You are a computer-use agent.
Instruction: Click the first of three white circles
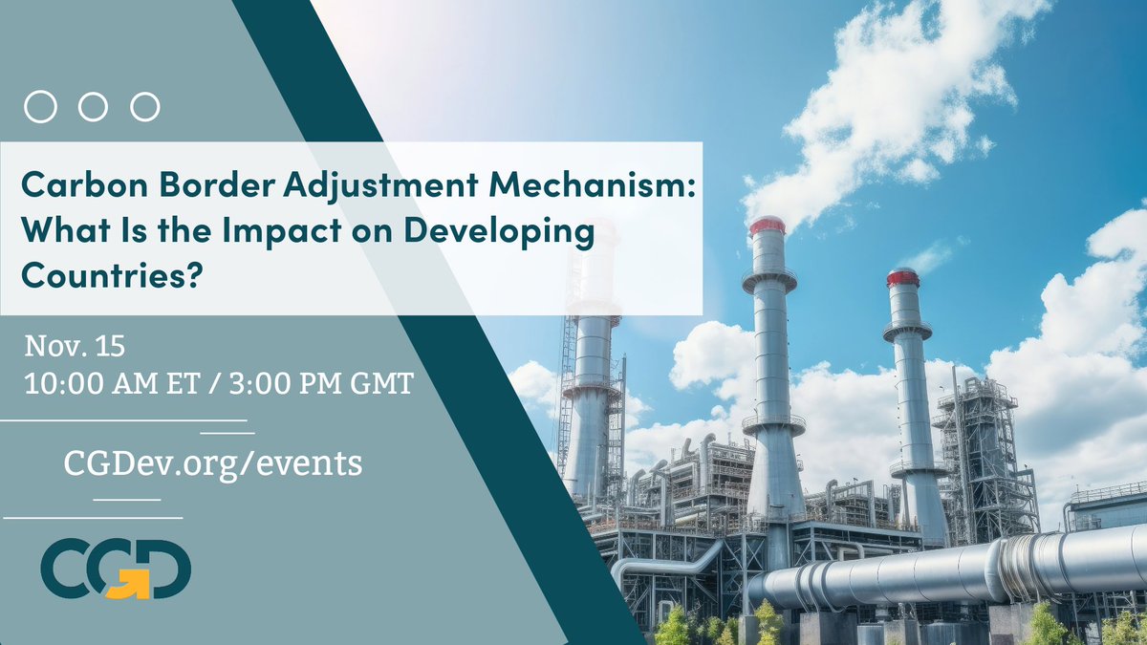coord(40,107)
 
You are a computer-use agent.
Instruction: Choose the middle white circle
coord(93,107)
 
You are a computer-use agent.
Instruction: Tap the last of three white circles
coord(144,107)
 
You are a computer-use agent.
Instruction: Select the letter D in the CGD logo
coord(166,570)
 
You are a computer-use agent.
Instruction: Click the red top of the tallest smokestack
coord(767,226)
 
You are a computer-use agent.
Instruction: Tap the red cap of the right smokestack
coord(901,277)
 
